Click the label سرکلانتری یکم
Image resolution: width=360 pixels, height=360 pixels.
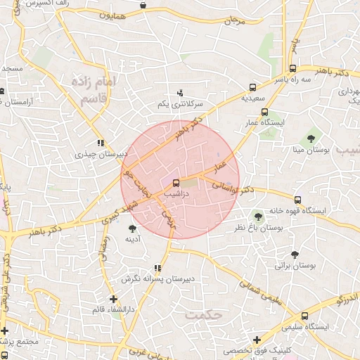point(179,104)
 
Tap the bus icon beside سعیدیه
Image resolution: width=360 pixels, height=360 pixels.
point(252,88)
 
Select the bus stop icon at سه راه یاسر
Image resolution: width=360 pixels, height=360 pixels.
point(292,69)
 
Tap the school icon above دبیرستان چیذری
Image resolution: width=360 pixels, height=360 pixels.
point(101,142)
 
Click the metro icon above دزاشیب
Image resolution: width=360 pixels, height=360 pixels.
point(175,184)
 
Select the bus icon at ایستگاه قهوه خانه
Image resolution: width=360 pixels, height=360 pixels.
point(297,200)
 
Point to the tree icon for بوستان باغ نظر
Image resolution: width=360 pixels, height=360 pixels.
point(258,216)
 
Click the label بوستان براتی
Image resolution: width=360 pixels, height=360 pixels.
point(293,266)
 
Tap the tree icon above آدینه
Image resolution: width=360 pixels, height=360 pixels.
point(132,228)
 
